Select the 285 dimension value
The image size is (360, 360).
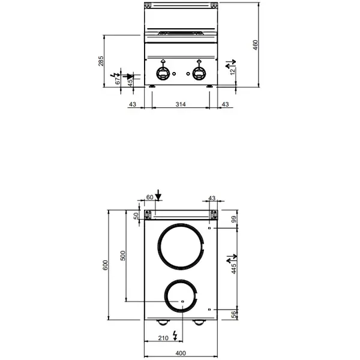coord(101,61)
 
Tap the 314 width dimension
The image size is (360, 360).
coord(181,105)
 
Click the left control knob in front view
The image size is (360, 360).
coord(163,73)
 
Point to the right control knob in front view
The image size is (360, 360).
coord(199,73)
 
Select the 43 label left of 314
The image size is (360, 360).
coord(133,105)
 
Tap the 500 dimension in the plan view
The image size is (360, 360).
coord(123,255)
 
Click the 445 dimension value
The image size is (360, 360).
coord(235,268)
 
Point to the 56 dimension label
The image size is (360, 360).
coord(235,313)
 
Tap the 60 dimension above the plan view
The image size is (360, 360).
coord(150,197)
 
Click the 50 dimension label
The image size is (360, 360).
coord(136,215)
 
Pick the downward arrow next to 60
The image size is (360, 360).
coord(158,195)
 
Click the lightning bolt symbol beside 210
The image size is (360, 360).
coord(175,334)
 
